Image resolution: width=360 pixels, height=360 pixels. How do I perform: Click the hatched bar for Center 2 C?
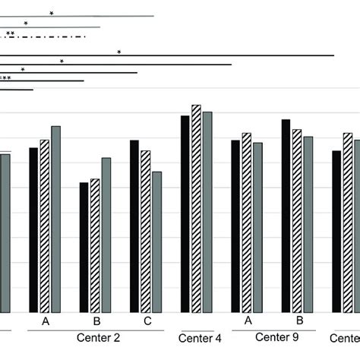(146, 231)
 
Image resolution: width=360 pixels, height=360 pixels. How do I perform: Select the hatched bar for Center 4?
(196, 208)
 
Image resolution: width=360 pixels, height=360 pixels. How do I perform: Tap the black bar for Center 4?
(185, 213)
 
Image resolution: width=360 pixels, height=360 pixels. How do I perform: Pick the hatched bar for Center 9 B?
(297, 220)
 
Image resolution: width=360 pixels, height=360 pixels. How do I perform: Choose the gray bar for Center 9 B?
(308, 224)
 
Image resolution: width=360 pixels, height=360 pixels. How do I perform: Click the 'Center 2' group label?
(98, 337)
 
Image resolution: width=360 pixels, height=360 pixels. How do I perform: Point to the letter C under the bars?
(147, 322)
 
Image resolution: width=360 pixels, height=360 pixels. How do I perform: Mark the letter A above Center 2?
(46, 322)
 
